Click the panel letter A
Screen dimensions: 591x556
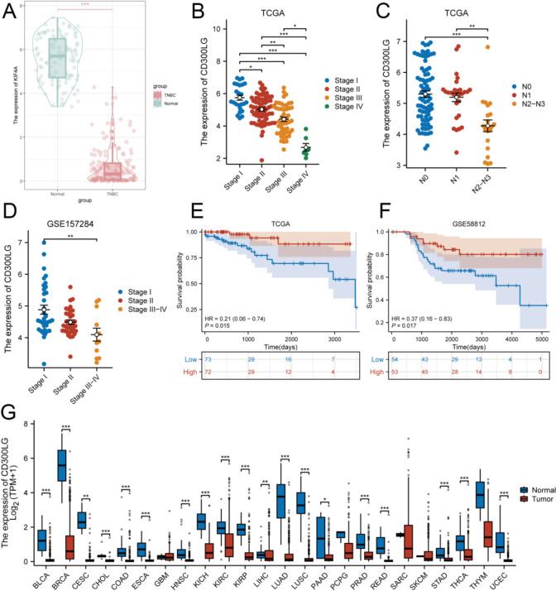click(11, 12)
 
